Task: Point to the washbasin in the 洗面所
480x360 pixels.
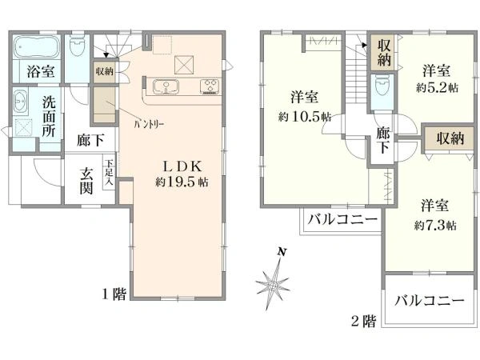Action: [x=22, y=102]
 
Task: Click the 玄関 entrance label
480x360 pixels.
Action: [x=87, y=182]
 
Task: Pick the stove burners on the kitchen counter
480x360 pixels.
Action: [x=210, y=85]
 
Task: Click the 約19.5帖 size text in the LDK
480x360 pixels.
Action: [x=182, y=182]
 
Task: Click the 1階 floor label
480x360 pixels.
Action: [x=114, y=295]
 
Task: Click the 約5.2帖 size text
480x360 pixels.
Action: [x=438, y=87]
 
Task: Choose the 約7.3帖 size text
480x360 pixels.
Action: [x=436, y=226]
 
